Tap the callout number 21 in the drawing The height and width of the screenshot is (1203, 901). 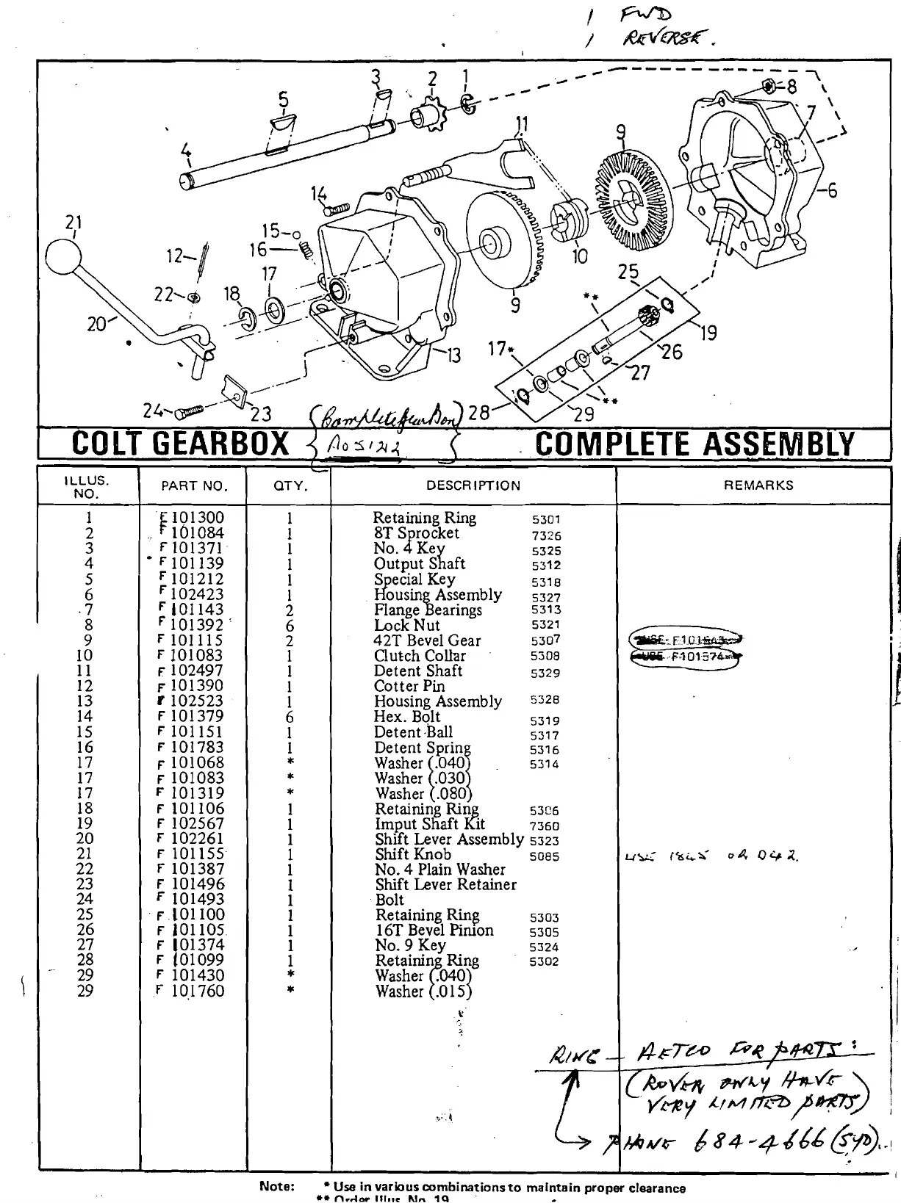pyautogui.click(x=73, y=223)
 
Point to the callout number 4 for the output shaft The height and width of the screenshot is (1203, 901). pyautogui.click(x=187, y=151)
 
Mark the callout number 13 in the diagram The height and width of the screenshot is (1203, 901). pyautogui.click(x=453, y=355)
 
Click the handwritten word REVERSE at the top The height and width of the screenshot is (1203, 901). pyautogui.click(x=666, y=37)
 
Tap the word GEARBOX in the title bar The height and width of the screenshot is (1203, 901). pyautogui.click(x=222, y=444)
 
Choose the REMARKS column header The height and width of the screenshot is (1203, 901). pyautogui.click(x=758, y=485)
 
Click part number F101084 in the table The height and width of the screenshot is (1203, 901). pyautogui.click(x=192, y=533)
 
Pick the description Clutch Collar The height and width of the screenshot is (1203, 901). pyautogui.click(x=420, y=656)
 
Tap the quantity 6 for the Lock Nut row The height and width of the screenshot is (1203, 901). pyautogui.click(x=290, y=626)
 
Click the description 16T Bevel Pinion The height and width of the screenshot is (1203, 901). pyautogui.click(x=434, y=931)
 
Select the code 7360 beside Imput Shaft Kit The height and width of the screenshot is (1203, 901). pyautogui.click(x=544, y=826)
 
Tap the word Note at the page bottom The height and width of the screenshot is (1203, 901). pyautogui.click(x=277, y=1186)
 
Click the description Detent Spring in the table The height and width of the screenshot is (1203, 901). pyautogui.click(x=423, y=748)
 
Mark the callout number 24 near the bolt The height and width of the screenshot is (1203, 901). pyautogui.click(x=153, y=411)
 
